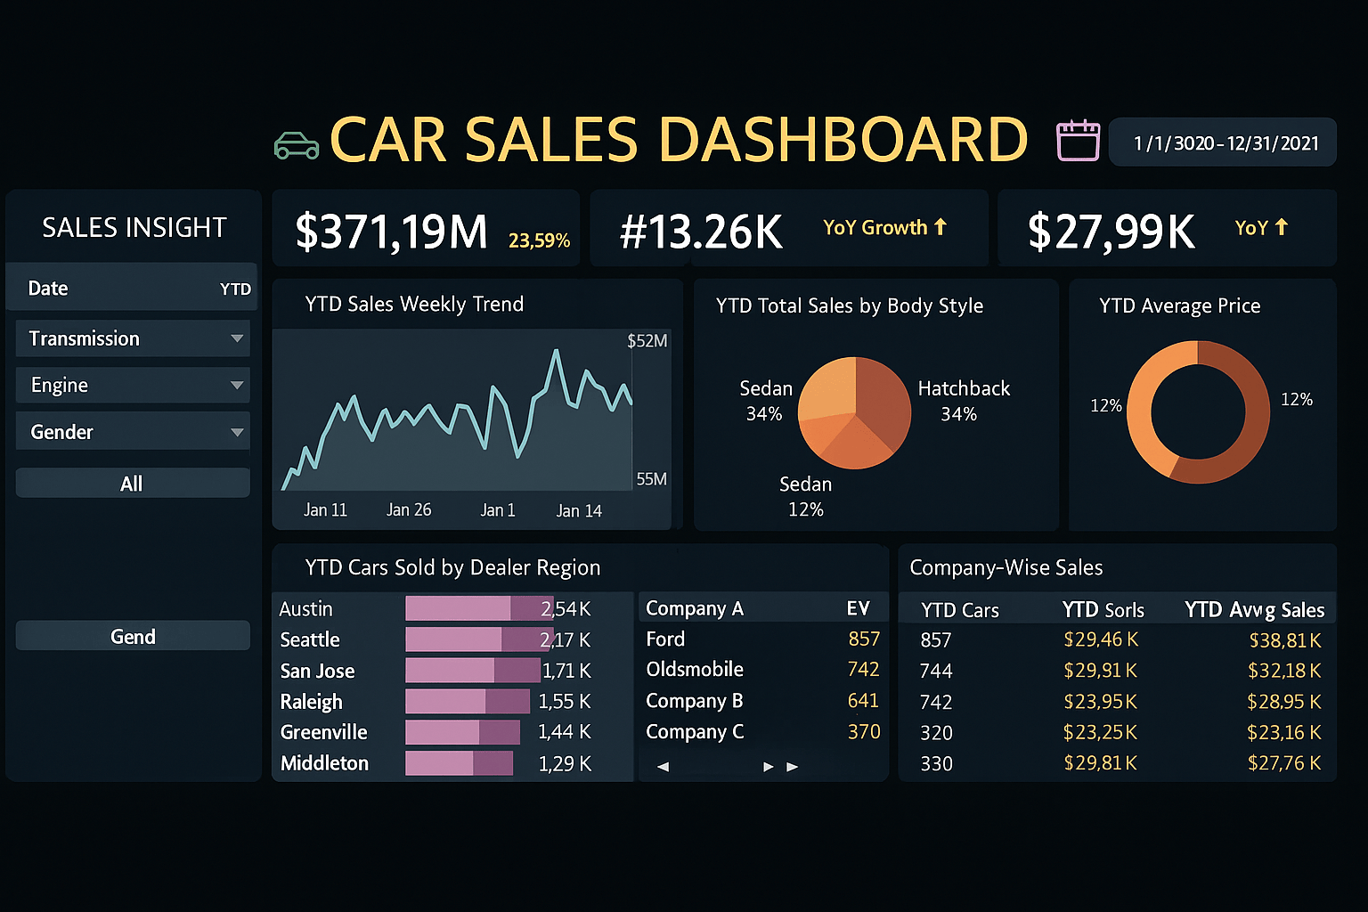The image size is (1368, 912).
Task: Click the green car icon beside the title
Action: (x=297, y=145)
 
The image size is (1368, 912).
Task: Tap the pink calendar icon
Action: (x=1078, y=141)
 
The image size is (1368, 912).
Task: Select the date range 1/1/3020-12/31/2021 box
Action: (x=1224, y=142)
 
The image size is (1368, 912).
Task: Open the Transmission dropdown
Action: (x=133, y=338)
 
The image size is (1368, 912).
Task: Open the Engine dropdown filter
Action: (x=133, y=386)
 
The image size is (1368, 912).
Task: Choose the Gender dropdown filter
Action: (x=133, y=432)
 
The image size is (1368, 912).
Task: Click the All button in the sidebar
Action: (x=133, y=484)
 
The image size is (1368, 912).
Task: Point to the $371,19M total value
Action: (x=391, y=232)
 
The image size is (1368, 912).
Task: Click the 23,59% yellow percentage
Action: (x=539, y=240)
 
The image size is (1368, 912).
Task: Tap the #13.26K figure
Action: (x=701, y=232)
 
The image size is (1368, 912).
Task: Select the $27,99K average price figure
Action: (x=1111, y=232)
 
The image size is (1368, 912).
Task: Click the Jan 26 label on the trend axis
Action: (x=409, y=509)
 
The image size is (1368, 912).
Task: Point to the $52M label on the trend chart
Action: (x=647, y=341)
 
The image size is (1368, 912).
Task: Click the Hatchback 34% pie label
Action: (x=963, y=401)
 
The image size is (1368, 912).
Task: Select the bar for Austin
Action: (x=478, y=608)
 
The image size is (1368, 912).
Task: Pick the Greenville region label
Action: (x=323, y=732)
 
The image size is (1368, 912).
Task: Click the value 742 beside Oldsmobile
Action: (x=863, y=670)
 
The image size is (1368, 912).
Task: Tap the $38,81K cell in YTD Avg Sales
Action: (x=1284, y=640)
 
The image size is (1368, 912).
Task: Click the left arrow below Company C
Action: (x=663, y=766)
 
